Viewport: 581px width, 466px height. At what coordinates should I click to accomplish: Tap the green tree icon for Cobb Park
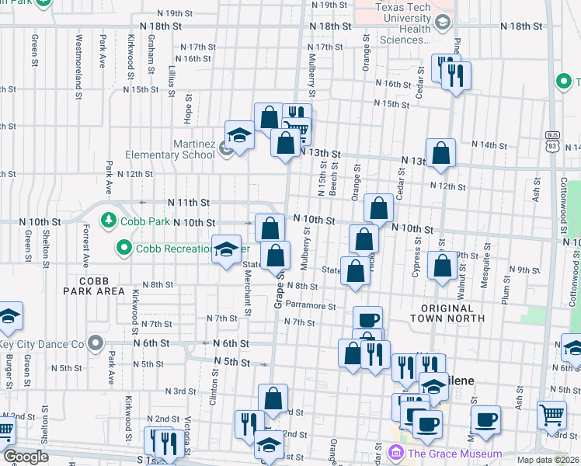click(x=109, y=221)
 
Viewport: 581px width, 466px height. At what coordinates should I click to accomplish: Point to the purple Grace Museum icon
click(x=395, y=453)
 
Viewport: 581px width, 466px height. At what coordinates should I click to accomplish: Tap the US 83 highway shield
click(x=553, y=139)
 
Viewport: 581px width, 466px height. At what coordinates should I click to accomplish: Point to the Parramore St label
click(x=310, y=307)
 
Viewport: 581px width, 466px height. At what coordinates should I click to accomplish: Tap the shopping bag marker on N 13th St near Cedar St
click(x=440, y=153)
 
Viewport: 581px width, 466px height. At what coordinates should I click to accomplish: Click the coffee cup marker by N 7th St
click(x=368, y=318)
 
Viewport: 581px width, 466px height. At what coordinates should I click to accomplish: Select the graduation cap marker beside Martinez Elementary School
click(x=239, y=135)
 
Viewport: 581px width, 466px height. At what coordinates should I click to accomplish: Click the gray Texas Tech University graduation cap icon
click(x=442, y=23)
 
